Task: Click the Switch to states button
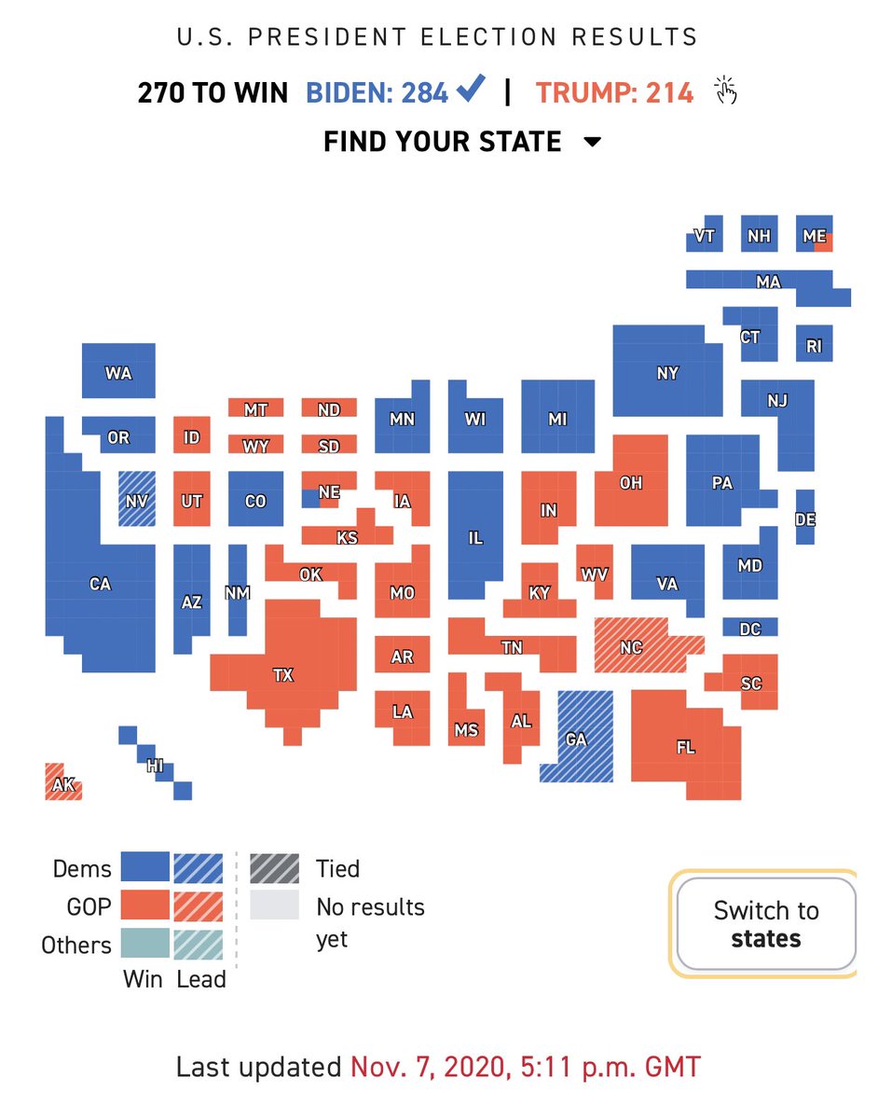(766, 924)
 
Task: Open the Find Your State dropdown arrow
(593, 142)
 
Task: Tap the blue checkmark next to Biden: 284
(471, 88)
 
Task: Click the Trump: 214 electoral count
(614, 92)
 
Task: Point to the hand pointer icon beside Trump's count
(726, 90)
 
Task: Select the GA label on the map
(576, 740)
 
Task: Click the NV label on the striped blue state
(137, 501)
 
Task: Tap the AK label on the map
(63, 785)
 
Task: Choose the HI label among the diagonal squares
(155, 767)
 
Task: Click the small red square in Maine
(823, 242)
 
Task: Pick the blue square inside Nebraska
(310, 499)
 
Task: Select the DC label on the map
(750, 629)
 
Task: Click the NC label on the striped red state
(632, 647)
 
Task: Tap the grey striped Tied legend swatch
(274, 869)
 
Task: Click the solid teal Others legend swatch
(145, 943)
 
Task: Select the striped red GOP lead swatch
(199, 906)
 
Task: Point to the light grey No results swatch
(274, 905)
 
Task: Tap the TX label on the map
(283, 674)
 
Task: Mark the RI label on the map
(815, 346)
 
